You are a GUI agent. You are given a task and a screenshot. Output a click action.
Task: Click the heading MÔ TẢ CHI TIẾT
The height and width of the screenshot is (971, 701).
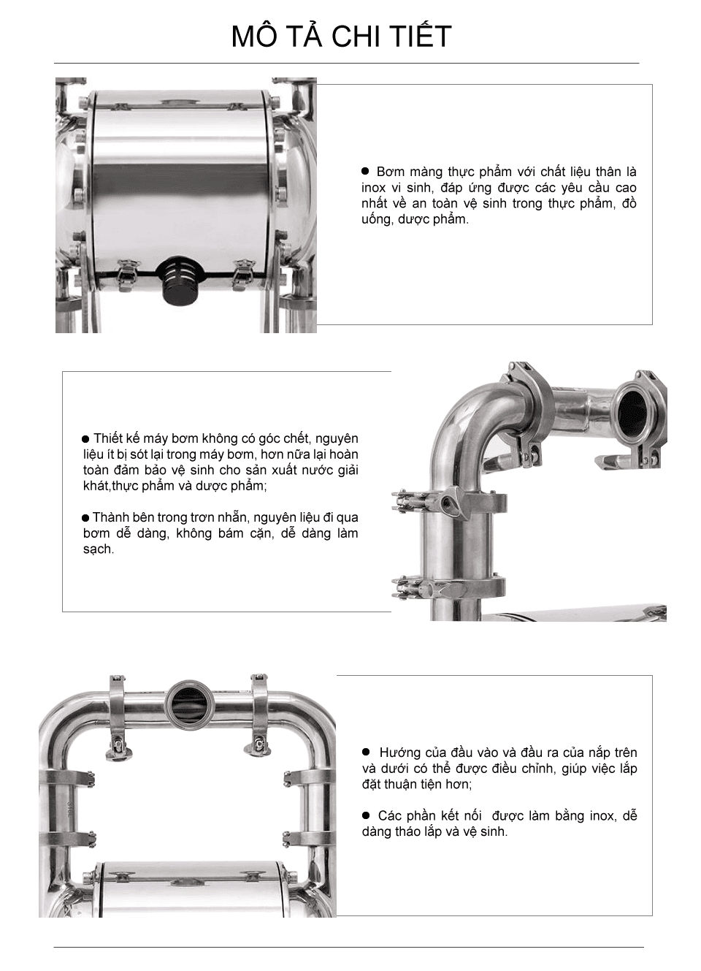[x=341, y=37]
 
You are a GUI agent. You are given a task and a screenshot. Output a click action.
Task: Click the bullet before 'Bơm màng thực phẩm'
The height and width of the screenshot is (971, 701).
[x=366, y=171]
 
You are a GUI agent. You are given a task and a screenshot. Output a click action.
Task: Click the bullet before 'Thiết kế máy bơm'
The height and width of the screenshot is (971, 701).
[x=85, y=439]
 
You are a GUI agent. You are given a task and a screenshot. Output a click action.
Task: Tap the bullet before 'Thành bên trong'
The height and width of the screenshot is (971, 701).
[x=85, y=518]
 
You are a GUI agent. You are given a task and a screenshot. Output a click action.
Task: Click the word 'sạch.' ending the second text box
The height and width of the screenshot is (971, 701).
[x=99, y=549]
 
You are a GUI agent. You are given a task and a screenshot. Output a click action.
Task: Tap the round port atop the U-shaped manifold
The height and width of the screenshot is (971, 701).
[x=190, y=702]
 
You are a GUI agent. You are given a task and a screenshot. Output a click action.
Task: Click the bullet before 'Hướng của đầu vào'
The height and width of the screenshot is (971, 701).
[x=367, y=752]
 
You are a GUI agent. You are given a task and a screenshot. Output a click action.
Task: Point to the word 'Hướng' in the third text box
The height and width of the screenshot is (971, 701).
[x=399, y=752]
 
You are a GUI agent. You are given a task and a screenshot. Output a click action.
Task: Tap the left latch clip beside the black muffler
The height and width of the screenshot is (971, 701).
[x=130, y=273]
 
